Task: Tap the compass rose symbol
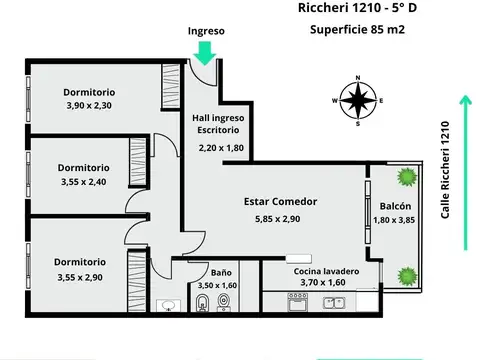coord(357,99)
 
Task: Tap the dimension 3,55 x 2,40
coord(83,182)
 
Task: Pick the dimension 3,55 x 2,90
coord(83,277)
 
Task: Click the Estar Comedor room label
coord(280,201)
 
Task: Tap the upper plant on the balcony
coord(405,178)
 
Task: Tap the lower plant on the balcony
coord(405,273)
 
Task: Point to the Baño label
coord(222,272)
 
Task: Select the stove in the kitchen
coord(297,304)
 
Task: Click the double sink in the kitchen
coord(337,304)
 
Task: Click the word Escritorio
coord(219,131)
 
